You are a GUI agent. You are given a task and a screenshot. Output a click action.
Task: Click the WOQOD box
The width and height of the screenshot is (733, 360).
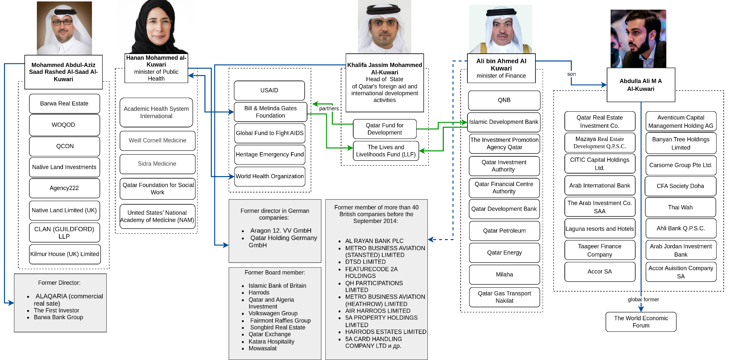click(x=64, y=125)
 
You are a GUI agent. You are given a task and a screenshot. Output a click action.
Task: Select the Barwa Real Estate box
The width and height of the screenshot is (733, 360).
click(x=64, y=103)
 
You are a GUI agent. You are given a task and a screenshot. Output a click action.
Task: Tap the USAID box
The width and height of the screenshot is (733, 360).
click(x=269, y=91)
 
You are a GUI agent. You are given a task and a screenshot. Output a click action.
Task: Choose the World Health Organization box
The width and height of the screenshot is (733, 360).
click(x=270, y=176)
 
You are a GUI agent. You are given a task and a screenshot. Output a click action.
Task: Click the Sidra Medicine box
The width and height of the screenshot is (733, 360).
click(x=157, y=164)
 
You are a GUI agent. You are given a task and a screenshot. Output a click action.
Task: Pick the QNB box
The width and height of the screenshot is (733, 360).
click(x=504, y=100)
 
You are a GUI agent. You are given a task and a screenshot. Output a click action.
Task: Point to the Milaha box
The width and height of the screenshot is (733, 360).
click(x=504, y=274)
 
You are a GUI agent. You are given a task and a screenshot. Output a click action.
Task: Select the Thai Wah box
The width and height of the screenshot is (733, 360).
click(x=680, y=208)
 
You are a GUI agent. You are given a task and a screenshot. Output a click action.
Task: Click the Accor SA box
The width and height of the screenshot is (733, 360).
click(x=599, y=272)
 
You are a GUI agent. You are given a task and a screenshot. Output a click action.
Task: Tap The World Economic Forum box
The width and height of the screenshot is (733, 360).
click(x=641, y=322)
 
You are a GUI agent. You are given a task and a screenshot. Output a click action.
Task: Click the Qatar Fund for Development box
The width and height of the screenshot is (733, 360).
click(x=384, y=129)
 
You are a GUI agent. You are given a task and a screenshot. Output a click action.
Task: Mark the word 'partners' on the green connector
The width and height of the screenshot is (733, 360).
click(x=329, y=108)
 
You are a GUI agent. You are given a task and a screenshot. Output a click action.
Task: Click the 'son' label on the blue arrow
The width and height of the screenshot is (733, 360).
click(x=571, y=74)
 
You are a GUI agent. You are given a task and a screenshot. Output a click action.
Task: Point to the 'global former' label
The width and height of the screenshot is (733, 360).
click(x=643, y=300)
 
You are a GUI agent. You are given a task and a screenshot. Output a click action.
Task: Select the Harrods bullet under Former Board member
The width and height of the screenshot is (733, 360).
click(x=259, y=293)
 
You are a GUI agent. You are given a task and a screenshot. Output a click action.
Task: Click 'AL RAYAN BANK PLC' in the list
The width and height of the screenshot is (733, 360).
click(x=374, y=241)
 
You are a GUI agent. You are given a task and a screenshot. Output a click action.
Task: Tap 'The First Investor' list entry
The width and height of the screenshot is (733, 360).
click(x=57, y=311)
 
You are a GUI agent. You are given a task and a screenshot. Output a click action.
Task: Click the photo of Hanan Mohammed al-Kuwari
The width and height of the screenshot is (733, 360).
click(x=156, y=27)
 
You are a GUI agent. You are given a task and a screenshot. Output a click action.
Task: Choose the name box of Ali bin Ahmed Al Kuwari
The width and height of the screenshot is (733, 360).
click(x=501, y=68)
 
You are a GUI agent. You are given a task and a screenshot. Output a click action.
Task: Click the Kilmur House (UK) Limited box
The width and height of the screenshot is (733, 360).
click(x=64, y=254)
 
